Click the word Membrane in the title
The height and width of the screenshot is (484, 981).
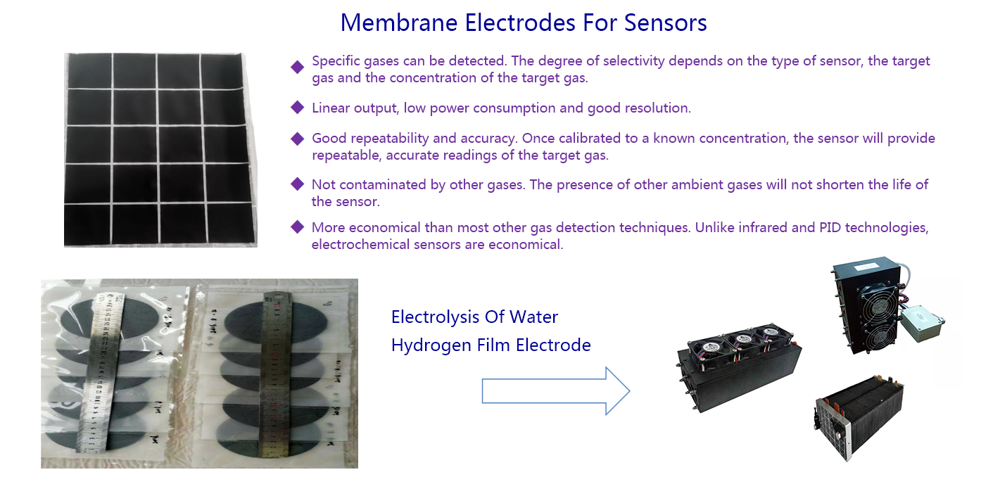pyautogui.click(x=399, y=23)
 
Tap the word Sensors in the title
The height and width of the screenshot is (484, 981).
pyautogui.click(x=665, y=23)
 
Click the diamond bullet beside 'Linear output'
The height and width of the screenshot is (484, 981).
pyautogui.click(x=298, y=108)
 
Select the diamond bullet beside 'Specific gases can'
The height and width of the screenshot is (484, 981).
pyautogui.click(x=298, y=67)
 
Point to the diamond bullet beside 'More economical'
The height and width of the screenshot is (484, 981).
pyautogui.click(x=298, y=227)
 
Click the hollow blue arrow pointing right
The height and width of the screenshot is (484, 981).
pyautogui.click(x=556, y=391)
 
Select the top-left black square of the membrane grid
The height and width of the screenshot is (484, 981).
pyautogui.click(x=90, y=71)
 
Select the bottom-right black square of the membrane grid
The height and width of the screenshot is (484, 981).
pyautogui.click(x=232, y=223)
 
